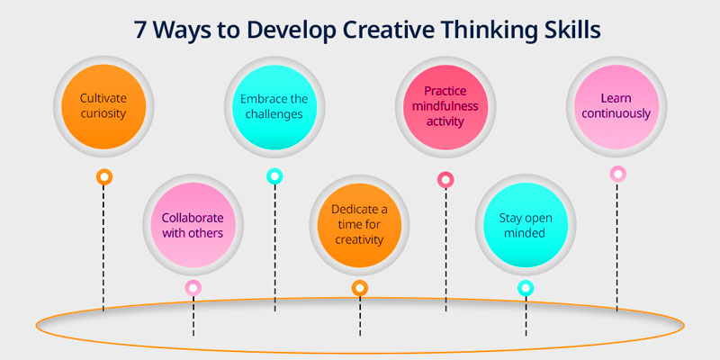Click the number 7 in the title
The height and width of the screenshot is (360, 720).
pyautogui.click(x=141, y=30)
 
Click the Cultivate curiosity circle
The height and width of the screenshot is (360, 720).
pyautogui.click(x=103, y=106)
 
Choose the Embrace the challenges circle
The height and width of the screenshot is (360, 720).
pyautogui.click(x=274, y=107)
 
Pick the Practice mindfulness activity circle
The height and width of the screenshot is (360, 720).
pyautogui.click(x=445, y=107)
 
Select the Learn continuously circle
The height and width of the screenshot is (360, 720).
pyautogui.click(x=616, y=106)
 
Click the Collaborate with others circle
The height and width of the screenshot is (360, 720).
pyautogui.click(x=193, y=225)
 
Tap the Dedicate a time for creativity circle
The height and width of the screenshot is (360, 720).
pyautogui.click(x=359, y=225)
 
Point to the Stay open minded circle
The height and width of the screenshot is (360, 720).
pyautogui.click(x=526, y=225)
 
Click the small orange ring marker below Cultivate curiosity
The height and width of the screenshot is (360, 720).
pyautogui.click(x=104, y=176)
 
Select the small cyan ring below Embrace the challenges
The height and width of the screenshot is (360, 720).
pyautogui.click(x=274, y=176)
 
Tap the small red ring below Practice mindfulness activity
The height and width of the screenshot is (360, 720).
pyautogui.click(x=445, y=179)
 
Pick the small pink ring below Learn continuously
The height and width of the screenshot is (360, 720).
pyautogui.click(x=618, y=174)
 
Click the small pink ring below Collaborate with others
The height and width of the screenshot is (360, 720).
pyautogui.click(x=193, y=288)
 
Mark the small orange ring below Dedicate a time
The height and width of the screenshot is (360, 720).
pyautogui.click(x=360, y=288)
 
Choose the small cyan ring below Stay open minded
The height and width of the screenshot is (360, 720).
pyautogui.click(x=526, y=288)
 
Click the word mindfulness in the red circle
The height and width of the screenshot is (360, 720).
pyautogui.click(x=445, y=106)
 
